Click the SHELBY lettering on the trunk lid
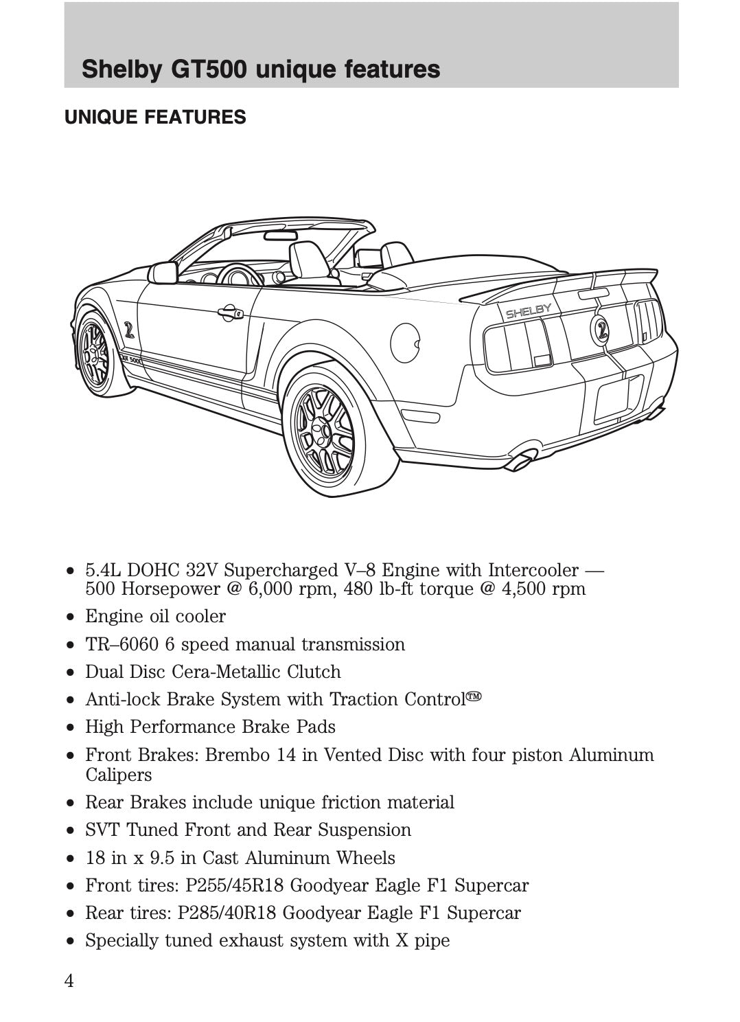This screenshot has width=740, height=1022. (528, 312)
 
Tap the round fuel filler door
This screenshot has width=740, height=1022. (405, 343)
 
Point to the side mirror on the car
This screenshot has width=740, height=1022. (163, 273)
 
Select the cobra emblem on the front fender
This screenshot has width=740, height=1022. (129, 330)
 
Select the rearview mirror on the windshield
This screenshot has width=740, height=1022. (280, 236)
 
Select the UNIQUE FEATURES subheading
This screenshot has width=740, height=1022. (155, 117)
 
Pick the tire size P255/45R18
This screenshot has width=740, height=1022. (234, 885)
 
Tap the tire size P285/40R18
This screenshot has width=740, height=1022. (227, 913)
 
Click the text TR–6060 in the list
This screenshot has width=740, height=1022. (122, 644)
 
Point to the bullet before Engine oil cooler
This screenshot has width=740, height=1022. (70, 617)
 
